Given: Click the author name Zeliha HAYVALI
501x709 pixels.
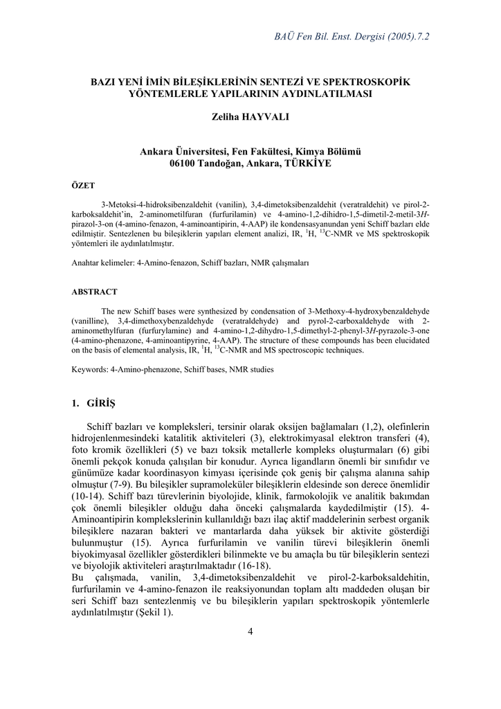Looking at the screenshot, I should [x=250, y=117].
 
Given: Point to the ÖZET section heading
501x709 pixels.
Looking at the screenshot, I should [x=84, y=186].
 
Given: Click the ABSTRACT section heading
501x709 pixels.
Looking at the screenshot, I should [x=95, y=291].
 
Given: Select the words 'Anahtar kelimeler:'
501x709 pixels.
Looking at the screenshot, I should [x=103, y=264].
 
